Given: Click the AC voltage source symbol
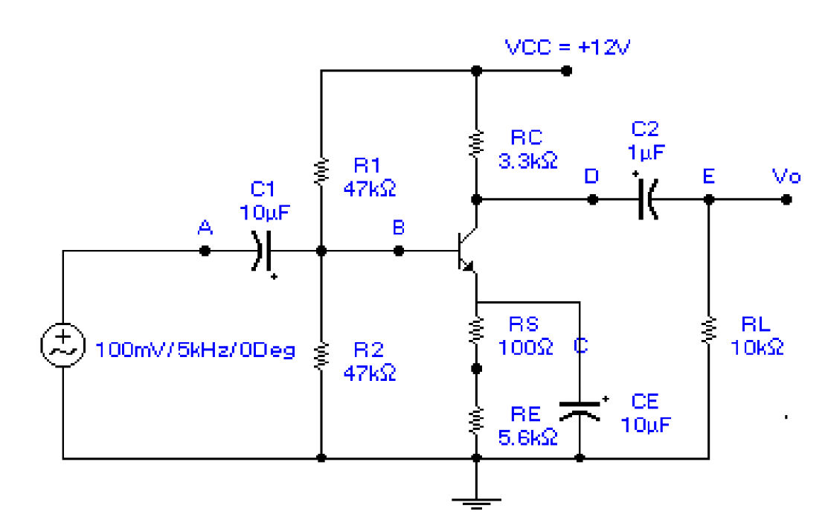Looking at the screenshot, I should coord(62,347).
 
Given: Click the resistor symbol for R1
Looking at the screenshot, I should coord(321,170).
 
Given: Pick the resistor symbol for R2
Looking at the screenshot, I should coord(321,356).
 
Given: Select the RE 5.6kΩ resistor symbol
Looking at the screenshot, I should coord(477,420).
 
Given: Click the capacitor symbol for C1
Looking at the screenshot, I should coord(261,251).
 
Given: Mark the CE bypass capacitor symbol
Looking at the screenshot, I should coord(580,409).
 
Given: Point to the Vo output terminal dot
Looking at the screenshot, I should coord(787,199).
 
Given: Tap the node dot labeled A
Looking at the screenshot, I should coord(205,251).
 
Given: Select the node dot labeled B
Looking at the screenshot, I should coord(399,251).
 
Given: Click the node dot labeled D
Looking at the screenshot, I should coord(592,199).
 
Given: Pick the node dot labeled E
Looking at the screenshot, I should coord(709,199).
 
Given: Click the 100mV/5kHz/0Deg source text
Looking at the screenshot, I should coord(196,350).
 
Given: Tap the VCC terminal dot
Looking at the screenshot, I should coord(567,71).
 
